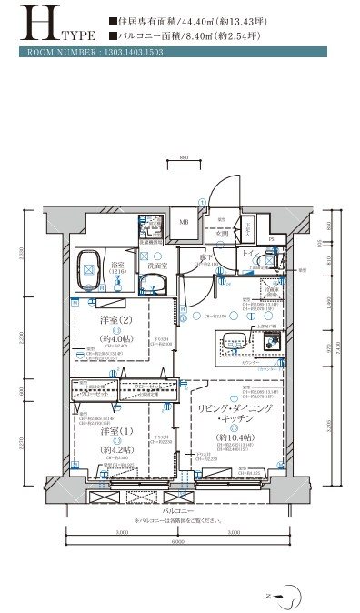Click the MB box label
pos(183,223)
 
